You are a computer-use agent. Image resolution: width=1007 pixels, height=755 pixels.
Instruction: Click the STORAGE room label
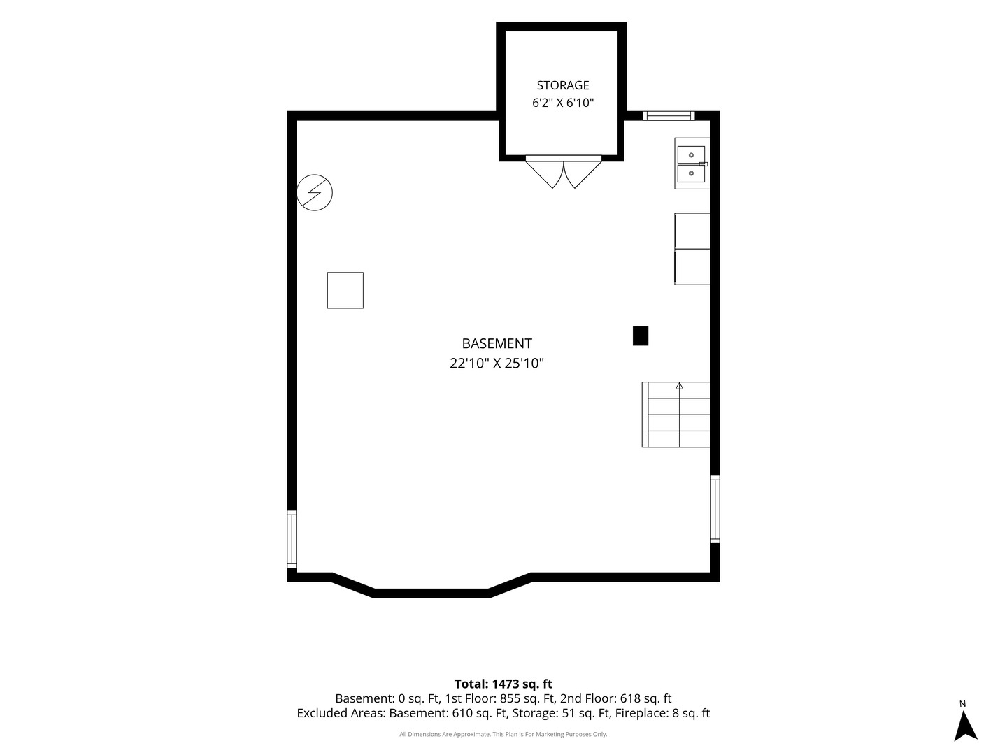(x=562, y=85)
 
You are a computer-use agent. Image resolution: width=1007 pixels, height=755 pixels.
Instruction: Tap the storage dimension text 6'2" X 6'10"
(x=562, y=103)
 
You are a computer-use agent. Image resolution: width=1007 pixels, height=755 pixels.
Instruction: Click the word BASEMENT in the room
(x=497, y=343)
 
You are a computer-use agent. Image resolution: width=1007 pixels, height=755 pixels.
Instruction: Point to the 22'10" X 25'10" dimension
(x=497, y=363)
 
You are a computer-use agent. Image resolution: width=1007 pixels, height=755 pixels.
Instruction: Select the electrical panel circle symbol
(x=314, y=192)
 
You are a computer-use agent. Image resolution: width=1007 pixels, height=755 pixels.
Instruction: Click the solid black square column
(x=641, y=336)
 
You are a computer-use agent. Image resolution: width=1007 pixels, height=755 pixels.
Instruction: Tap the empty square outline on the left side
(x=345, y=290)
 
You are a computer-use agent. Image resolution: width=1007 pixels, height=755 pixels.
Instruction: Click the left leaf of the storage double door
(x=544, y=174)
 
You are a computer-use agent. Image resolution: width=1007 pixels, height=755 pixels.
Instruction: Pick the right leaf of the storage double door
(x=583, y=174)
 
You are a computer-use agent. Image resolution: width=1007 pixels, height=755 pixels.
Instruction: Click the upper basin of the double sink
(x=691, y=155)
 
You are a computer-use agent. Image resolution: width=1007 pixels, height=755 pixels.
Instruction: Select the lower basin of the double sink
(x=691, y=173)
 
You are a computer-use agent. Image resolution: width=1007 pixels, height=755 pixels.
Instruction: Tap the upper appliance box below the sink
(x=692, y=231)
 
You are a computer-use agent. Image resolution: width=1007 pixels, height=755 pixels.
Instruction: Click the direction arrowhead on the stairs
(x=680, y=385)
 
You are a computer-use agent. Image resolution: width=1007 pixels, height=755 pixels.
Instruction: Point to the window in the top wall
(x=669, y=115)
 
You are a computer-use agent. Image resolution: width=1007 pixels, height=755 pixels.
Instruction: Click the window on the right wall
(x=715, y=510)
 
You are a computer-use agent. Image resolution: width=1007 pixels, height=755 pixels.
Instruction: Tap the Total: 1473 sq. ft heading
(x=503, y=684)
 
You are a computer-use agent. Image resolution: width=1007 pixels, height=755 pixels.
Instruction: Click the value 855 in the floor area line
(x=510, y=698)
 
